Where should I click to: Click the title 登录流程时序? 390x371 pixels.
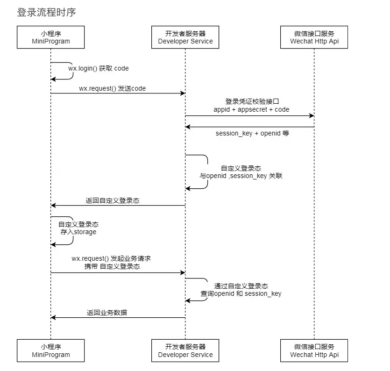pyautogui.click(x=46, y=12)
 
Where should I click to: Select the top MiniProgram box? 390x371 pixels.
pyautogui.click(x=51, y=37)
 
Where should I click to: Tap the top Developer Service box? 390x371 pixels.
pyautogui.click(x=185, y=37)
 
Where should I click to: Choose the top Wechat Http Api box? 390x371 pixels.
pyautogui.click(x=314, y=37)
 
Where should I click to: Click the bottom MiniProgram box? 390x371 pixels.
pyautogui.click(x=51, y=350)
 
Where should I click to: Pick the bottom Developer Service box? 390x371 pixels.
pyautogui.click(x=185, y=350)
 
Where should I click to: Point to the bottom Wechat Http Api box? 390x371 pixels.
pyautogui.click(x=314, y=350)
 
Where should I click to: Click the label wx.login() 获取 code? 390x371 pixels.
pyautogui.click(x=99, y=68)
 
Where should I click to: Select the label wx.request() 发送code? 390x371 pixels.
pyautogui.click(x=113, y=89)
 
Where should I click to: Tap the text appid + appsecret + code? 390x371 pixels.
pyautogui.click(x=251, y=109)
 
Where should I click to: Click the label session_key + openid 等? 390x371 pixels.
pyautogui.click(x=252, y=133)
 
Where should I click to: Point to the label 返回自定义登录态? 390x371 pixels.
pyautogui.click(x=113, y=200)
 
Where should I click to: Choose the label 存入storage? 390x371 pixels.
pyautogui.click(x=78, y=232)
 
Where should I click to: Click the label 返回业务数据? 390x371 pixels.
pyautogui.click(x=107, y=313)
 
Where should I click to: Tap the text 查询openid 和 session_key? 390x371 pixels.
pyautogui.click(x=241, y=293)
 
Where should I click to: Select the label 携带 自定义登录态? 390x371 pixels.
pyautogui.click(x=112, y=266)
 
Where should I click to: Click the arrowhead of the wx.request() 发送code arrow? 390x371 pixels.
pyautogui.click(x=183, y=93)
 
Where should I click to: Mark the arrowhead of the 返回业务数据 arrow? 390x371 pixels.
pyautogui.click(x=53, y=318)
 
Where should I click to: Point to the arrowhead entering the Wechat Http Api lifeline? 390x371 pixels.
pyautogui.click(x=312, y=116)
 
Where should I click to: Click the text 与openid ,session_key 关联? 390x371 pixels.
pyautogui.click(x=241, y=176)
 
